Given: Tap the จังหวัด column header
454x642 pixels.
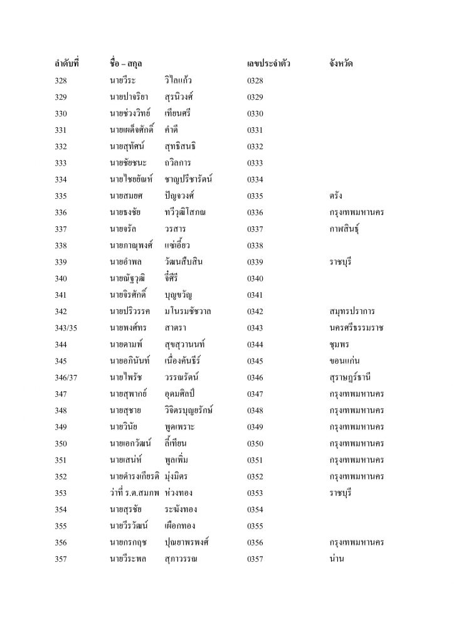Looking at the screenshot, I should (x=340, y=64).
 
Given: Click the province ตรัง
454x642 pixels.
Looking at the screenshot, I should (x=335, y=196).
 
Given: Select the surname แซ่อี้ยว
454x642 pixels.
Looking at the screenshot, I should (x=181, y=245).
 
